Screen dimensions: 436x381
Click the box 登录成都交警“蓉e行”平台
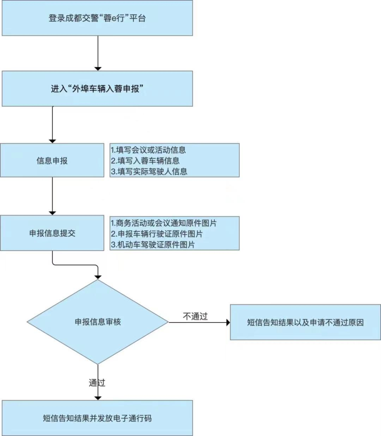pos(97,18)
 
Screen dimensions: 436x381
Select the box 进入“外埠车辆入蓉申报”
pos(97,88)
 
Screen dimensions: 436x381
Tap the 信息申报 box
pos(52,160)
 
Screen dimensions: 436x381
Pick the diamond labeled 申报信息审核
pos(98,322)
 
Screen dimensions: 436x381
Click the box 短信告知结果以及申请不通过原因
pos(305,322)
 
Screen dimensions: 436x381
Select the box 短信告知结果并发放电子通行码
pos(97,418)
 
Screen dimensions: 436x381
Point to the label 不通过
pos(195,316)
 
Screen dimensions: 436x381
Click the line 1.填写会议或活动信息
pos(148,150)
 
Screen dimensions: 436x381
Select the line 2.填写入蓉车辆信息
pos(145,160)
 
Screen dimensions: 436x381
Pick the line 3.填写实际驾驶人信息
pos(149,172)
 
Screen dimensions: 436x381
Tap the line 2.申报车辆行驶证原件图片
pos(156,233)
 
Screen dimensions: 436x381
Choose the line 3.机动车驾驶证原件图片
pos(152,244)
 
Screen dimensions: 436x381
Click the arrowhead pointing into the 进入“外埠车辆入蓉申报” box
pos(98,68)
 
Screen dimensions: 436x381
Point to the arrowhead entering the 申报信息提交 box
pos(53,213)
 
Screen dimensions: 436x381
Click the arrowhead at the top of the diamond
pos(98,277)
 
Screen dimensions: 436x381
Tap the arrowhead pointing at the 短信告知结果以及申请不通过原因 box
pos(228,322)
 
